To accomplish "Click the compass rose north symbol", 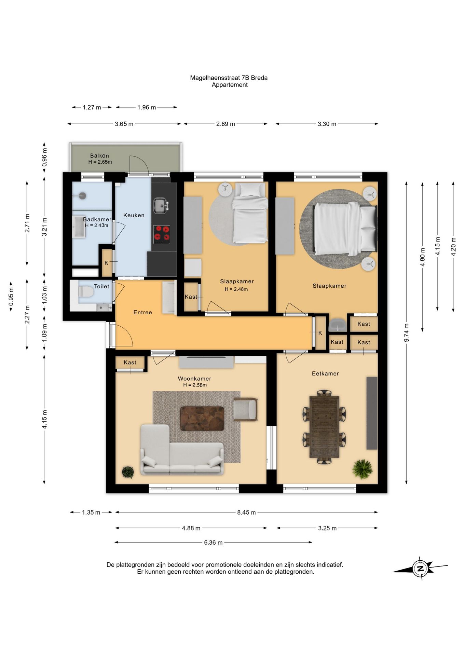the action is tap(421, 569).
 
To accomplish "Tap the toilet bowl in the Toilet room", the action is tap(86, 292).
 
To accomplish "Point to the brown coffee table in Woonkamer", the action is tap(202, 419).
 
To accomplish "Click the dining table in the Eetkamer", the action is tap(324, 427).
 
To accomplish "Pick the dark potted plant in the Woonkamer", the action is tap(128, 472).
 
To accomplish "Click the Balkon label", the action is tap(99, 155).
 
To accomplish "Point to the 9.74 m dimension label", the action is tap(407, 332).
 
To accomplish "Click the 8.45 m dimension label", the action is tap(246, 512).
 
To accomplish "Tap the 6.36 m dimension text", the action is tap(213, 542).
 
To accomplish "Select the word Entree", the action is tap(142, 312).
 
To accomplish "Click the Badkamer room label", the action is tap(97, 219).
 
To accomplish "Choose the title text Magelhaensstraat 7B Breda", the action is tap(229, 78).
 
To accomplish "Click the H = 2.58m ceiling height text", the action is tap(195, 385).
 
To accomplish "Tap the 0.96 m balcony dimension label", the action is tap(44, 157).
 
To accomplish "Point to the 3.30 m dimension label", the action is tap(327, 124).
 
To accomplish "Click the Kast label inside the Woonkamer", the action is tap(130, 362).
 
